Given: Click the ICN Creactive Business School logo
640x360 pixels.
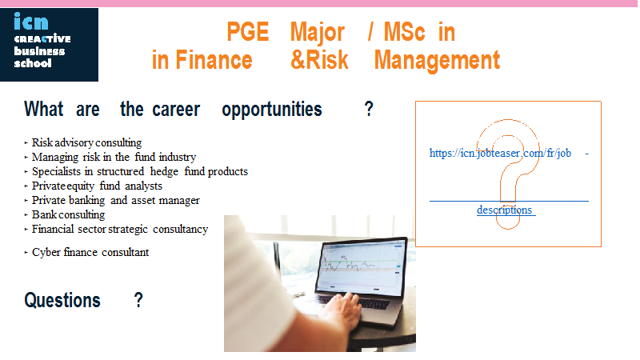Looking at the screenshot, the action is coord(49,45).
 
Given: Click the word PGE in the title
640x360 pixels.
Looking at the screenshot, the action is coord(248,32).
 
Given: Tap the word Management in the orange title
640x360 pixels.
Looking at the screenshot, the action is coord(437,61).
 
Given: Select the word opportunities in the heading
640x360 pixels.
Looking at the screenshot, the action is coord(272,110).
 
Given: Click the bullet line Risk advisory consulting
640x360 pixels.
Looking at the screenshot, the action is coord(86,143).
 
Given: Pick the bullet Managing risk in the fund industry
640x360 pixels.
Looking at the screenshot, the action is coord(114,157).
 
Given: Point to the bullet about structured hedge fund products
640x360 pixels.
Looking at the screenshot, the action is coord(139,171).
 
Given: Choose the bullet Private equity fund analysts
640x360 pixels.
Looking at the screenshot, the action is coord(97,186).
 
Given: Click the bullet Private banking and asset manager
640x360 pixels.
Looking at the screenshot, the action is coord(116,201).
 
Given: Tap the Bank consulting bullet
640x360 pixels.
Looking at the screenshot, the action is coord(68,214).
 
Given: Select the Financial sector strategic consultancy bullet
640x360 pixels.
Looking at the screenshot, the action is coord(120,229).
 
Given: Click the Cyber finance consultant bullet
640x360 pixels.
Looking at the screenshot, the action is coord(90,252).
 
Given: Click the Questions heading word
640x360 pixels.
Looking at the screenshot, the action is coord(62,301).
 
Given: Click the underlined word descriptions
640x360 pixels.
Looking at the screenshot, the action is coord(505,210).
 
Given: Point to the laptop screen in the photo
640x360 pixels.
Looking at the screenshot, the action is coord(361,267).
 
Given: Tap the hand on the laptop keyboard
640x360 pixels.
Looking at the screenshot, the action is coord(340,310).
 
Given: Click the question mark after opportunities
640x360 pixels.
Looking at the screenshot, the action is coord(369,109).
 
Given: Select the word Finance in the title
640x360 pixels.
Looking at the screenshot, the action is coord(214,61).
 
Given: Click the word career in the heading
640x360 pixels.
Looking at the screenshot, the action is coord(176,110).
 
